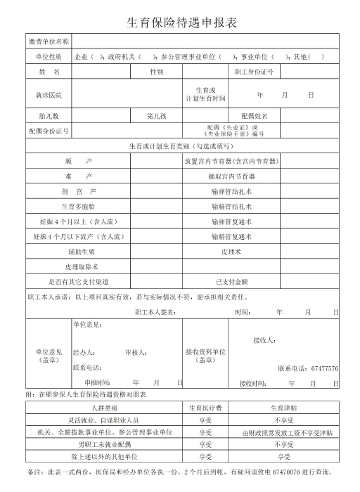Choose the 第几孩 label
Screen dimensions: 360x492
tap(156, 115)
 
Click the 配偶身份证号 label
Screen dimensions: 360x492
tap(49, 131)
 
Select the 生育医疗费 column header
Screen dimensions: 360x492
tap(205, 408)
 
